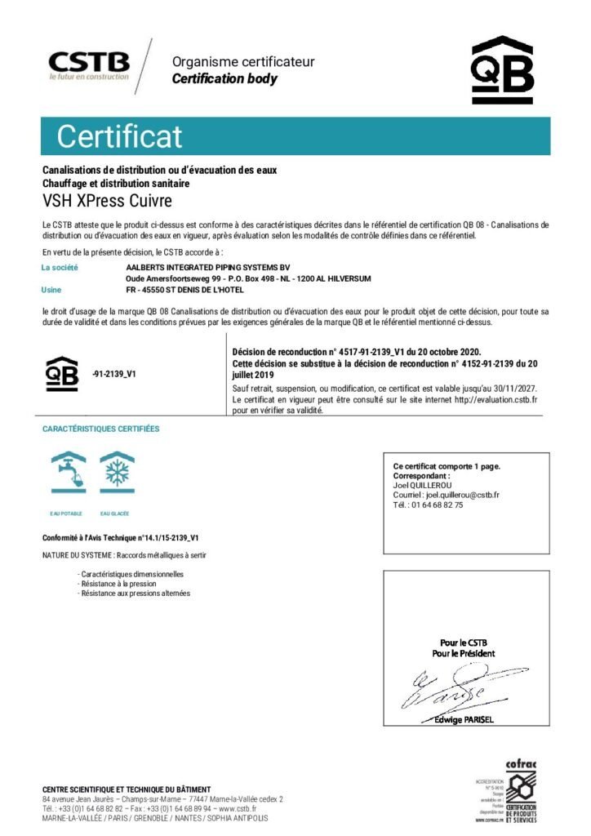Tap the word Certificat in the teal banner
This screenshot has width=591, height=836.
(x=119, y=136)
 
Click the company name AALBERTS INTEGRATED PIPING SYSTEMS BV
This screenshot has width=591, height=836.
(x=208, y=267)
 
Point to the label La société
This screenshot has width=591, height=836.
(x=60, y=267)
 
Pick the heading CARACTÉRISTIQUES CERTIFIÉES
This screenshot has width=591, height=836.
(x=101, y=429)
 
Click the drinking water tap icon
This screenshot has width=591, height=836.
(x=69, y=474)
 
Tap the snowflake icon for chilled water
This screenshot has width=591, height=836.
(x=117, y=474)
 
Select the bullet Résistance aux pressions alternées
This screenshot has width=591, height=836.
(x=135, y=594)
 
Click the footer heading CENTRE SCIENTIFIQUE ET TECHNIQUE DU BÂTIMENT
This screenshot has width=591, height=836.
(x=127, y=789)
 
